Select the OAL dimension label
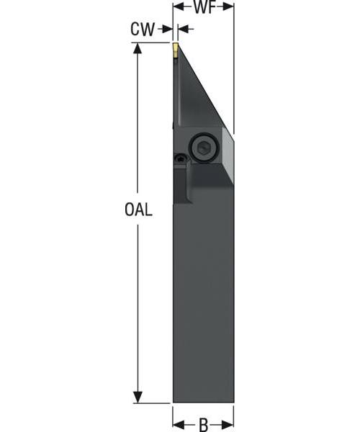[x=137, y=211]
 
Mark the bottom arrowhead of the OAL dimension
[x=137, y=397]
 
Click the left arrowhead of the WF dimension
[x=178, y=7]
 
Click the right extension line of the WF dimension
[x=234, y=72]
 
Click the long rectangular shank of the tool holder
[x=203, y=302]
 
